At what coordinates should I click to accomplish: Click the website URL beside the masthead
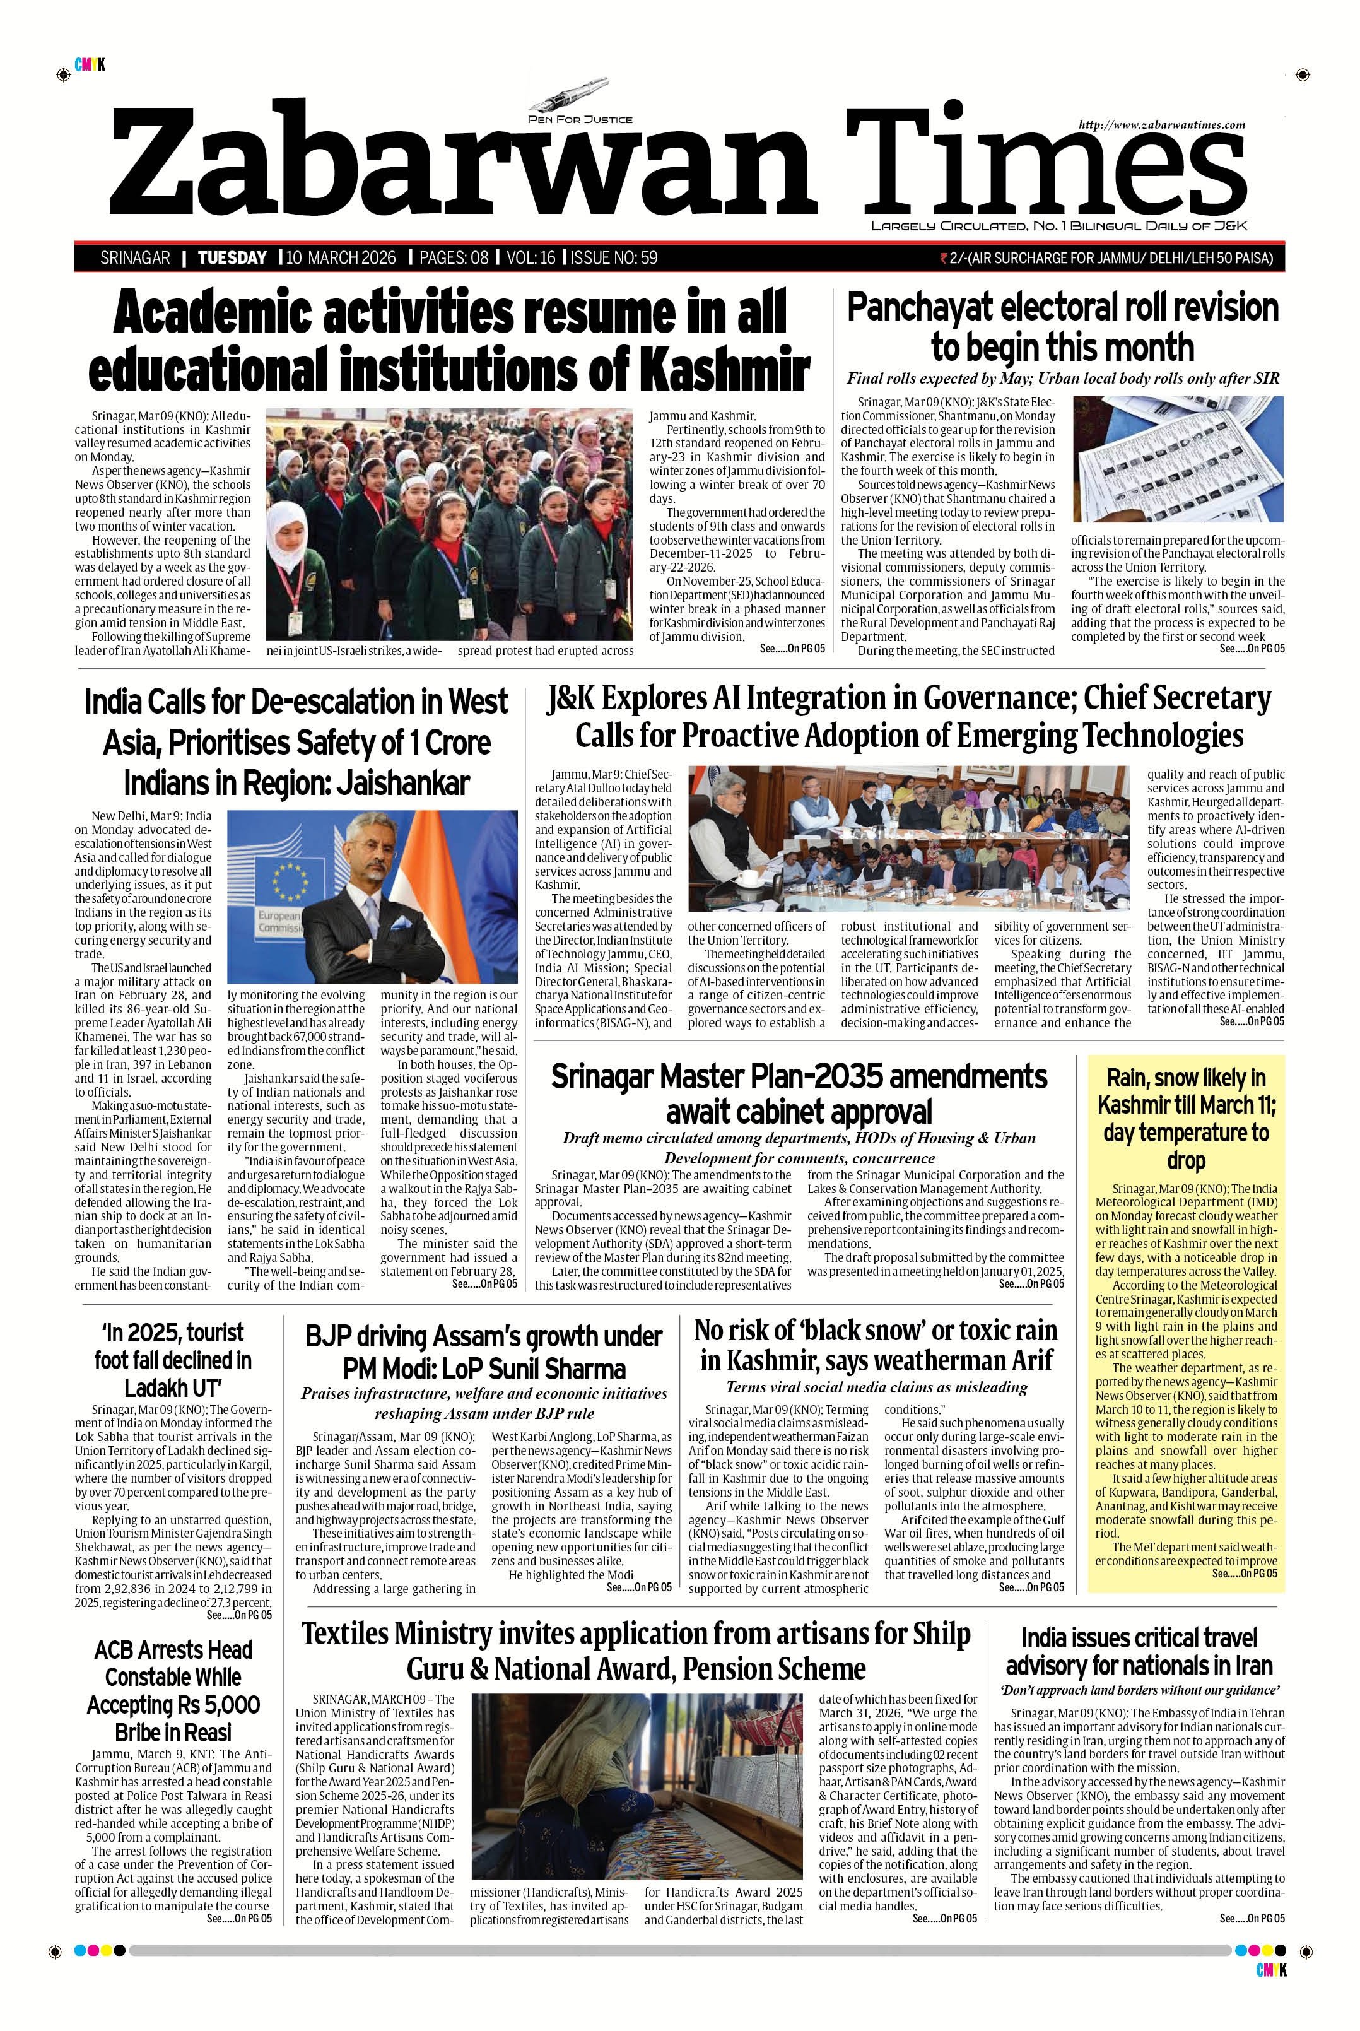pyautogui.click(x=1161, y=125)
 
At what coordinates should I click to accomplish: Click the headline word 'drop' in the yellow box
pyautogui.click(x=1186, y=1161)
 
